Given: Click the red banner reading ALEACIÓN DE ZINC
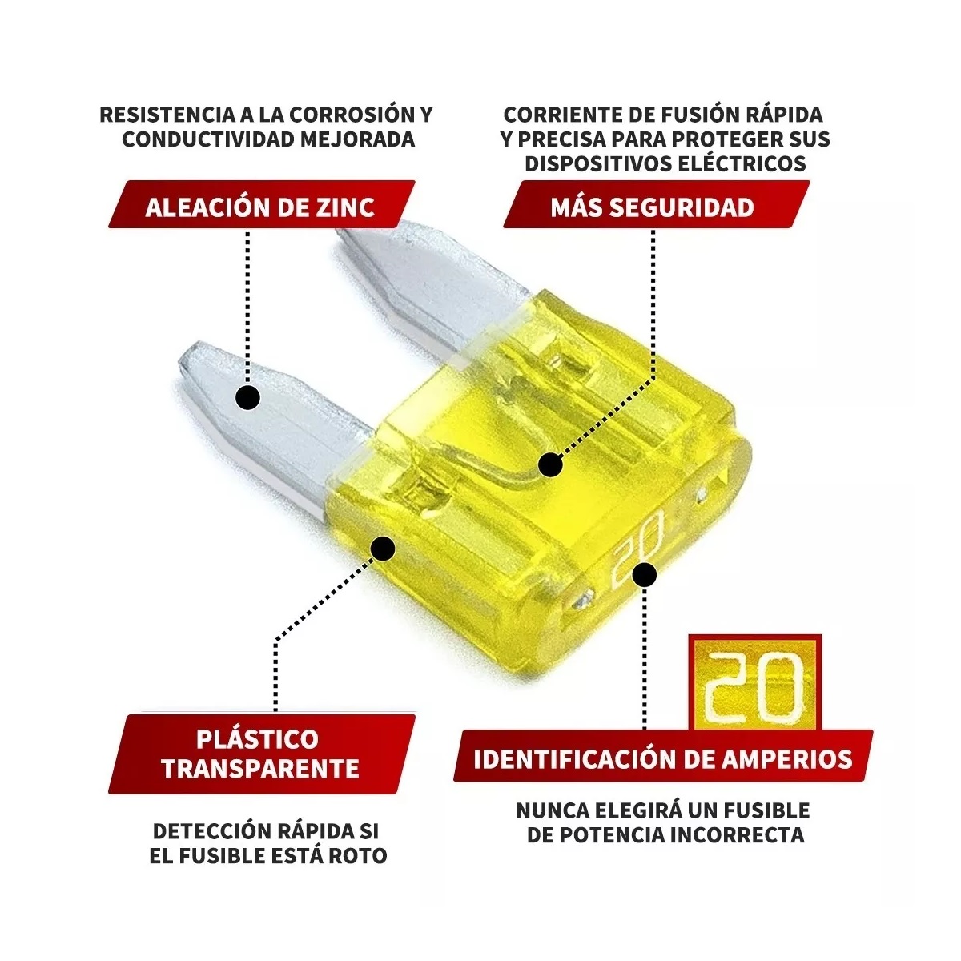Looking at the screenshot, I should coord(260,207).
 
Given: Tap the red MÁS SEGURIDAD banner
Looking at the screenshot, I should coord(652,207).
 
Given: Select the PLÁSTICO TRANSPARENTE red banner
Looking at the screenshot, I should coord(260,753).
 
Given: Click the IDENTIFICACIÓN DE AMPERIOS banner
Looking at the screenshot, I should coord(662,758).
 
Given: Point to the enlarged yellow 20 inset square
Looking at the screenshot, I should coord(754,682).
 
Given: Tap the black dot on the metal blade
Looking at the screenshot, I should coord(248,397).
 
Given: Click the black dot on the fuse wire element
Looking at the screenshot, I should coord(550,464).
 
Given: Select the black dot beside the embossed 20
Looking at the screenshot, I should coord(645,574).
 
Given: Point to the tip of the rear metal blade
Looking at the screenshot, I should coord(352,238).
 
